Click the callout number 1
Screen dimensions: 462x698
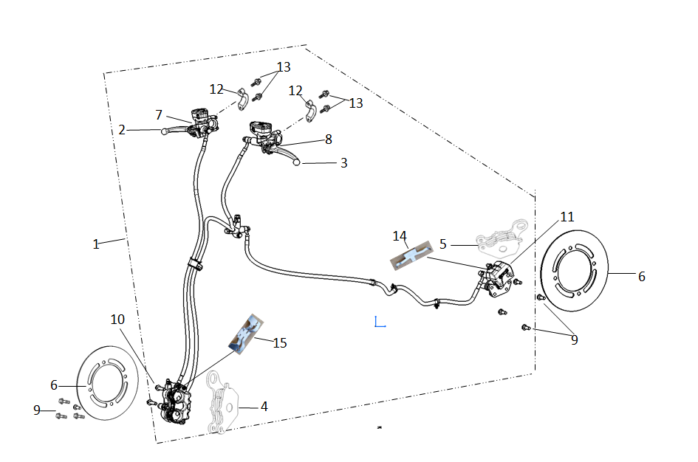coord(96,244)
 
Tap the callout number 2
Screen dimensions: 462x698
coord(122,130)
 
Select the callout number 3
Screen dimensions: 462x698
coord(343,163)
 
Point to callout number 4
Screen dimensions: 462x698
coord(264,406)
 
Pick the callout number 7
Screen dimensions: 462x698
coord(159,115)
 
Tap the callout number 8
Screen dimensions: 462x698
coord(329,139)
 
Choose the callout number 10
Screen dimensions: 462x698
coord(118,319)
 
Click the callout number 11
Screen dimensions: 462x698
coord(567,217)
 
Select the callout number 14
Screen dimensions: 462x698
coord(400,236)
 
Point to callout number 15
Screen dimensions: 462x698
coord(280,343)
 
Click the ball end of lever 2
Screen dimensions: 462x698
coord(163,132)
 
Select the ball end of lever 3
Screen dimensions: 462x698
coord(298,162)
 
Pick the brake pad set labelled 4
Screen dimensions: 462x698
coord(223,402)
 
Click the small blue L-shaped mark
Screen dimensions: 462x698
coord(380,323)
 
